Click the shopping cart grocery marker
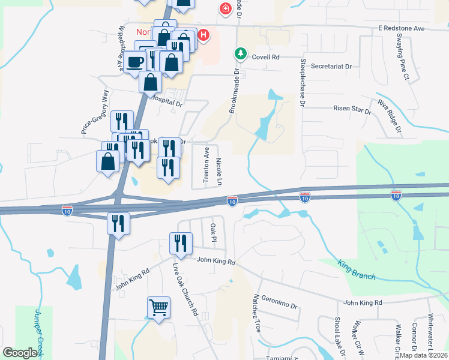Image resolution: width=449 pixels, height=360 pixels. point(158,308)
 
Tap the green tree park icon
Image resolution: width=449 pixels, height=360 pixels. point(240,54)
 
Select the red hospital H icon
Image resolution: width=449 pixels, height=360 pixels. point(203,35)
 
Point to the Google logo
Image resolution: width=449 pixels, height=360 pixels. point(20,353)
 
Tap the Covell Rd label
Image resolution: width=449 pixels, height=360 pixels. point(266,57)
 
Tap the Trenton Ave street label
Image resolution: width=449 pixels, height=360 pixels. point(206,164)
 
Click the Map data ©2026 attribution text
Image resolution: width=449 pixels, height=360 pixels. point(421,355)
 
